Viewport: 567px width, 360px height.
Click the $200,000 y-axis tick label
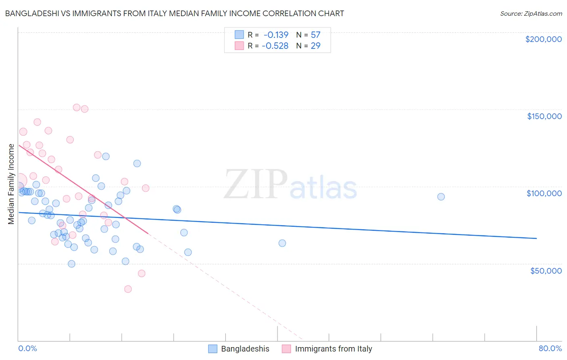click(543, 39)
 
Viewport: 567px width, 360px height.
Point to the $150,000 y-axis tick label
click(544, 116)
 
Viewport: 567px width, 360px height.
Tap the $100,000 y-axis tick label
click(544, 193)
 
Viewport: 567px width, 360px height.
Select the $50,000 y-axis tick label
click(546, 270)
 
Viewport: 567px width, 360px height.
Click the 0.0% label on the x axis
click(27, 348)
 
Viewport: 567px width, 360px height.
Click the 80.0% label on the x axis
click(550, 348)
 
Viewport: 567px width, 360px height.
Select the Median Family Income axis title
click(11, 184)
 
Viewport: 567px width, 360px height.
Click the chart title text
click(174, 13)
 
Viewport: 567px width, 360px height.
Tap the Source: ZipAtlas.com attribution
click(531, 13)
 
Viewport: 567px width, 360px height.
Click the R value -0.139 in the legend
click(276, 35)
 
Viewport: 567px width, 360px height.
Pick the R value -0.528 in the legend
click(275, 46)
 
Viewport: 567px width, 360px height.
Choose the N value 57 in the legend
click(315, 35)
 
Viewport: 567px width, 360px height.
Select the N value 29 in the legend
click(315, 46)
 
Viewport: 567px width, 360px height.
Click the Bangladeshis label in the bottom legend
click(245, 349)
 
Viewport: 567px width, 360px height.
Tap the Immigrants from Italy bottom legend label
click(333, 349)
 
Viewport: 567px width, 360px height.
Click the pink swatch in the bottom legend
click(286, 349)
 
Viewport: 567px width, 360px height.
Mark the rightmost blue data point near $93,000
click(441, 197)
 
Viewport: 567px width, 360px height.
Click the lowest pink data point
click(128, 289)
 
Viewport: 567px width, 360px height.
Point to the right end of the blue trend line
click(536, 239)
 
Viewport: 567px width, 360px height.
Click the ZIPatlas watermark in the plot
click(290, 185)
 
